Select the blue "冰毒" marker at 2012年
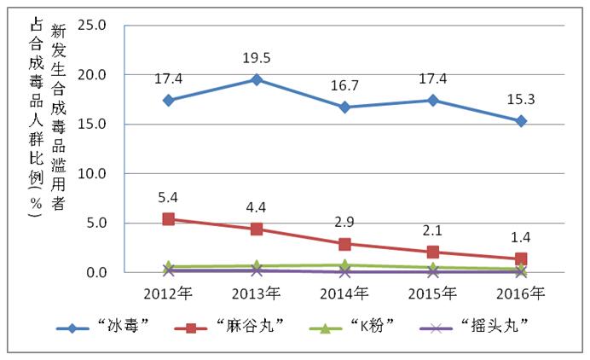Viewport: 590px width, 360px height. point(169,100)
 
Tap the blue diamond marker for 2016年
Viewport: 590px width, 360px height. point(521,121)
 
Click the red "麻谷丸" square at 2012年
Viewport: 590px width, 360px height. point(169,219)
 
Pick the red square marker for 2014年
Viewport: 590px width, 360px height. point(344,244)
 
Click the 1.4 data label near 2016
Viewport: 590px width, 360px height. point(520,235)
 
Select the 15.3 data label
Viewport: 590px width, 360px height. point(520,100)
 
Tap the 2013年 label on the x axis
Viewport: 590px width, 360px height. point(257,293)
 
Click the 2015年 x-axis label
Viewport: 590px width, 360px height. point(432,293)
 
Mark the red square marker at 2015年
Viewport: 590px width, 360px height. point(433,252)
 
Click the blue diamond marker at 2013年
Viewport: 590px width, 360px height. point(257,79)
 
